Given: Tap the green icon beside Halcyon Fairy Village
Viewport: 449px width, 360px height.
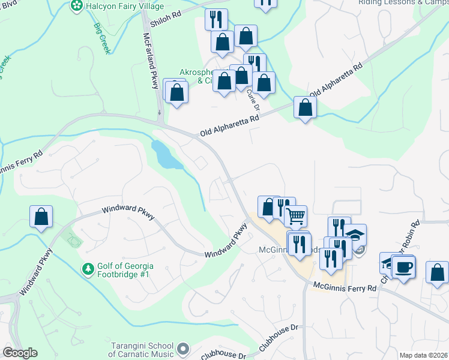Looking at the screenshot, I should tap(76, 6).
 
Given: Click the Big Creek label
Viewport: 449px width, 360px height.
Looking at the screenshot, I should tap(102, 38).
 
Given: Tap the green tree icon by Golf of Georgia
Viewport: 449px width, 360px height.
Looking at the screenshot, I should tap(88, 268).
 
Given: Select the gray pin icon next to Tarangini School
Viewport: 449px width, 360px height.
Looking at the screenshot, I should tap(183, 348).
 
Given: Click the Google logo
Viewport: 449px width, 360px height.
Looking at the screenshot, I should tap(20, 353).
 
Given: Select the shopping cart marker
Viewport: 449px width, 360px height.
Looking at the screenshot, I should tap(295, 215).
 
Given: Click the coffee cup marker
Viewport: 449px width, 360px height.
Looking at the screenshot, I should tap(403, 265).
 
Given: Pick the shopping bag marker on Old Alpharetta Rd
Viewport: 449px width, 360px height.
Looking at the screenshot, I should tap(305, 108).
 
